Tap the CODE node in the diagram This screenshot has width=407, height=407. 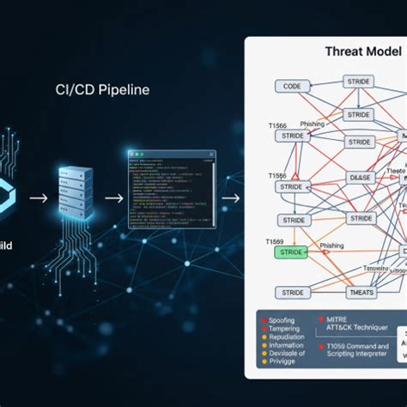point(292,86)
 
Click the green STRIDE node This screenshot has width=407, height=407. point(292,252)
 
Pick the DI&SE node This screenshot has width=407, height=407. point(359,178)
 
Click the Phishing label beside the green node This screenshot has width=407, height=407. point(331,246)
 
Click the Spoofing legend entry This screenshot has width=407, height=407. point(282,320)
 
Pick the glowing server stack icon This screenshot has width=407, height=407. point(75,194)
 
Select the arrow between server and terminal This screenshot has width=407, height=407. point(112,197)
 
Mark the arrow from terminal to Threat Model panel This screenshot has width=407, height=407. point(230,197)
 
